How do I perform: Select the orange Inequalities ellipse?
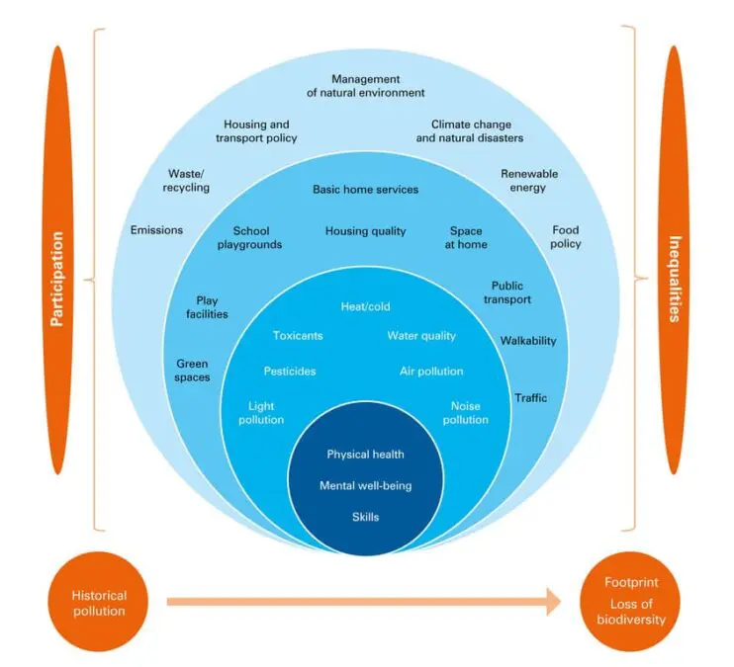675,278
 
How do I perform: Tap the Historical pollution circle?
98,603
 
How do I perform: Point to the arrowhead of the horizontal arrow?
552,601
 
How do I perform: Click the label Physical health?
365,455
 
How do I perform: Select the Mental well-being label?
365,486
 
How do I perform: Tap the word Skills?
365,517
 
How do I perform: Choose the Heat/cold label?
366,307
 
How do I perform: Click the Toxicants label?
298,336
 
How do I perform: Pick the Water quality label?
421,336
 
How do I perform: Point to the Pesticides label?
290,372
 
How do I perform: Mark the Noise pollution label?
465,413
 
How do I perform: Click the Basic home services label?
365,189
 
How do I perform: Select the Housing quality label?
365,231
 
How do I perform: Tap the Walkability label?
528,341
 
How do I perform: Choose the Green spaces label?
193,371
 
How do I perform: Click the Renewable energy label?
529,181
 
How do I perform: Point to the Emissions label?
156,230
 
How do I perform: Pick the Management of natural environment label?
365,86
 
